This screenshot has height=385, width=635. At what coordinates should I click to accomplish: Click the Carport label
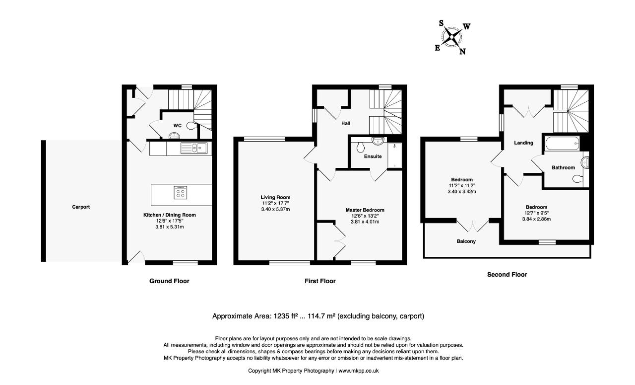(81, 207)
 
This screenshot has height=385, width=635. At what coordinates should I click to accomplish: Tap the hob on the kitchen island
(180, 192)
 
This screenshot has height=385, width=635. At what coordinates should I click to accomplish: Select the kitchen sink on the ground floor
(194, 148)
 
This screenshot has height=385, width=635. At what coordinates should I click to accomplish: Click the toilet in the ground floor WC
(191, 126)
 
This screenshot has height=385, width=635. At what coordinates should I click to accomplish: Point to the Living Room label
(275, 197)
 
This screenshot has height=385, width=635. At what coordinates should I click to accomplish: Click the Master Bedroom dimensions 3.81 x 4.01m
(365, 222)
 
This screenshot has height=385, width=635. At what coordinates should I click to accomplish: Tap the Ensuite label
(373, 156)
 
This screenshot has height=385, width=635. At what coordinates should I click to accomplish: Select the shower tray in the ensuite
(394, 155)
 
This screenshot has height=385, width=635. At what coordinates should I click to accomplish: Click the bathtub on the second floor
(563, 144)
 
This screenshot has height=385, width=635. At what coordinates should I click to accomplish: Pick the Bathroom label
(563, 168)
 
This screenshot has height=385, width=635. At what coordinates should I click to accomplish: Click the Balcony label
(466, 241)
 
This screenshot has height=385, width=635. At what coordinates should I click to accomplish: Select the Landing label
(523, 143)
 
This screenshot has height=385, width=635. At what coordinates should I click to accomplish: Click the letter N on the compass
(462, 51)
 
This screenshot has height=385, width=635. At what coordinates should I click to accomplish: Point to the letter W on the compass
(467, 27)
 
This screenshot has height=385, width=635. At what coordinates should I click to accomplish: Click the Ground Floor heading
(169, 281)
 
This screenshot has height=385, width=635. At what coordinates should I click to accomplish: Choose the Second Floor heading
(507, 275)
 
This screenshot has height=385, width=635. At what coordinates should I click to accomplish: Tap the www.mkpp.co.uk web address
(359, 371)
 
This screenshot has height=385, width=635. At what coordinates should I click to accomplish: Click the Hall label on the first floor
(346, 124)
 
